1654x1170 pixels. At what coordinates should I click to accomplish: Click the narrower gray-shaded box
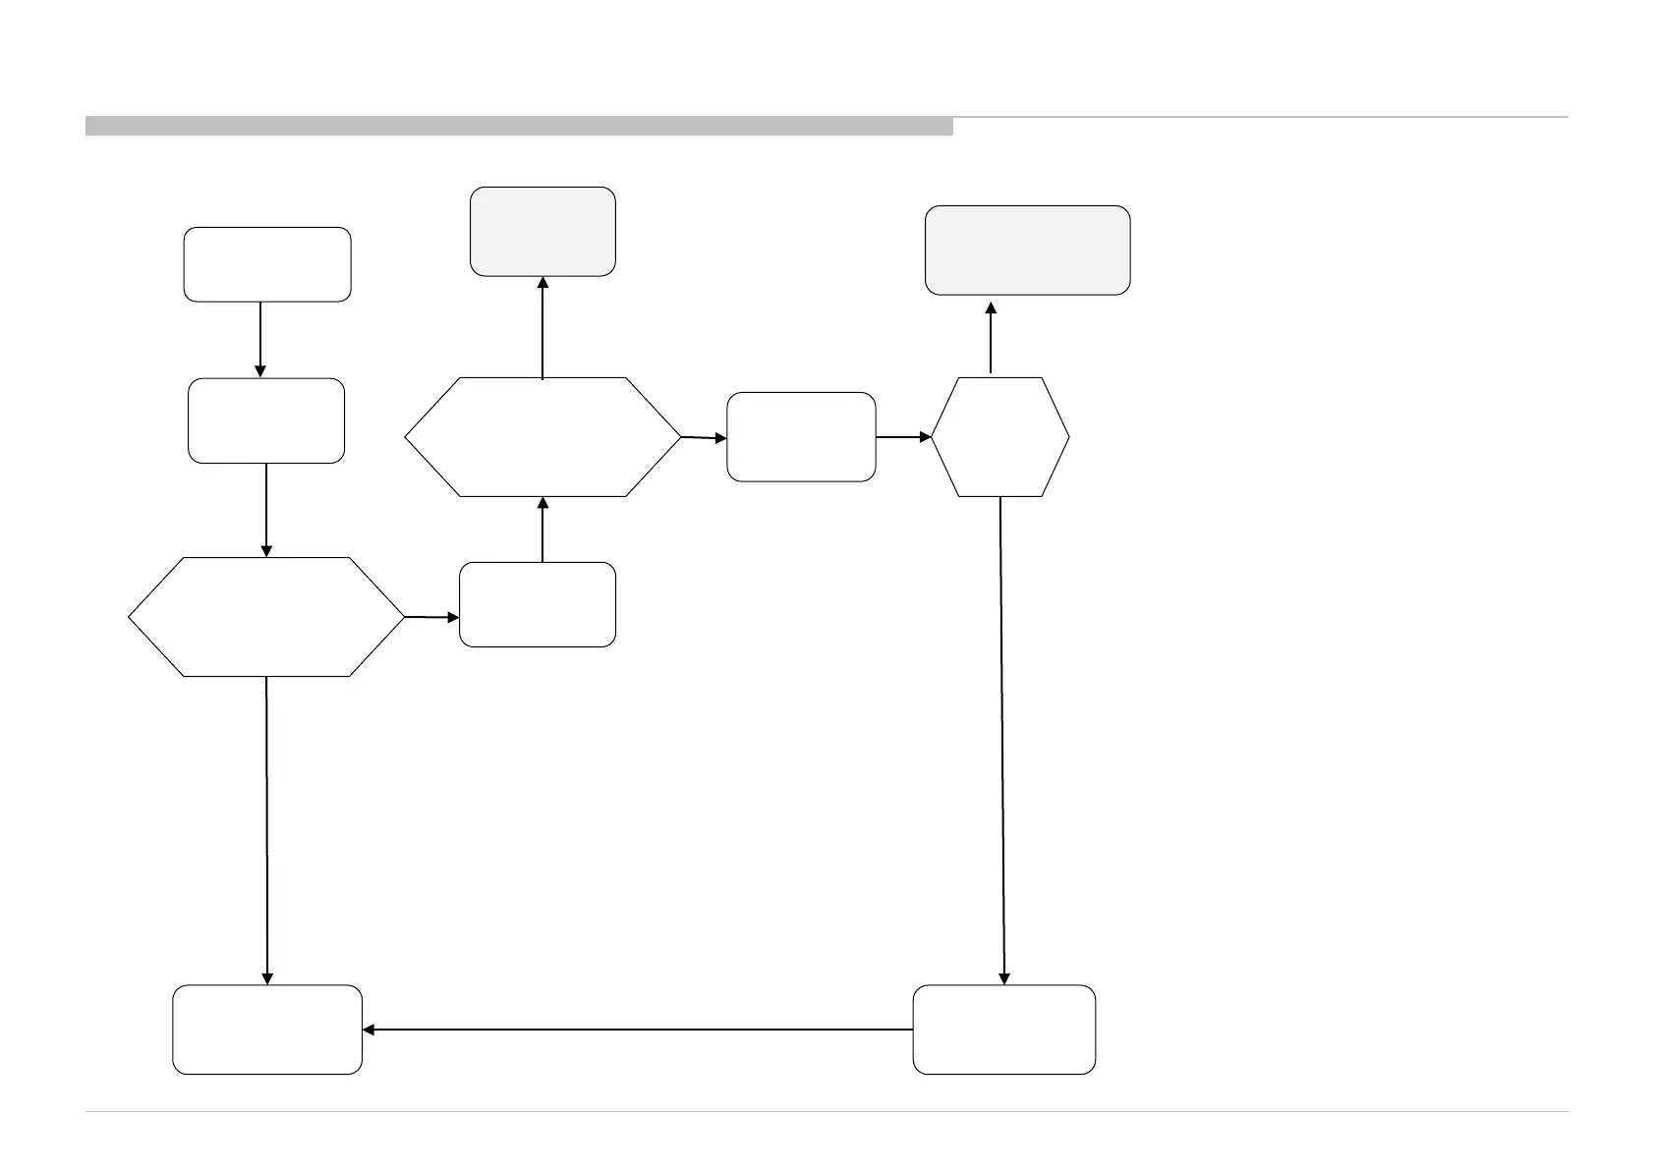542,232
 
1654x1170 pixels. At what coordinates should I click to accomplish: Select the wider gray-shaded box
1027,251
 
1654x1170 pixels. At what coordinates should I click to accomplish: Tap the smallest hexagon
999,437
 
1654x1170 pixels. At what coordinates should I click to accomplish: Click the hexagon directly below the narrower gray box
542,437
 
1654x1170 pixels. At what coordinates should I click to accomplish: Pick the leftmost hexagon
266,617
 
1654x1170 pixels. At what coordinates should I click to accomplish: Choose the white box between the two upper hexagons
801,437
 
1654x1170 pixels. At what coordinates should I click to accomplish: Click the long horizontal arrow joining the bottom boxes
639,1030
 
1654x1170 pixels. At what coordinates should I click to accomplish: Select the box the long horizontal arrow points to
267,1030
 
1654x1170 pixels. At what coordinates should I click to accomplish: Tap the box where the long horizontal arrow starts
1003,1030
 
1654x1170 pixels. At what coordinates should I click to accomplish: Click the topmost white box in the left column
267,264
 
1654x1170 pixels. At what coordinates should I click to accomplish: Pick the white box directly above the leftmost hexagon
266,420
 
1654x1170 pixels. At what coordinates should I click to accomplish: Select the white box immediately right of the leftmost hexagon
538,604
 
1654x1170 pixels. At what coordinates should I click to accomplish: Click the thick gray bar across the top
519,126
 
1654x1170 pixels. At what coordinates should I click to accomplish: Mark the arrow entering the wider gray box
991,336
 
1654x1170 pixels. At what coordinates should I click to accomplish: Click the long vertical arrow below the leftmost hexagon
267,830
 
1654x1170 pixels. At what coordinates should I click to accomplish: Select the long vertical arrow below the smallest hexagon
1002,741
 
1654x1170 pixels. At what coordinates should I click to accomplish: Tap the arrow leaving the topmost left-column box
260,339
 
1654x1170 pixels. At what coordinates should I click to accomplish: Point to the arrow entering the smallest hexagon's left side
902,437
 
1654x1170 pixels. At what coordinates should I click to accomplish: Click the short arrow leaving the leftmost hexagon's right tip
431,618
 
